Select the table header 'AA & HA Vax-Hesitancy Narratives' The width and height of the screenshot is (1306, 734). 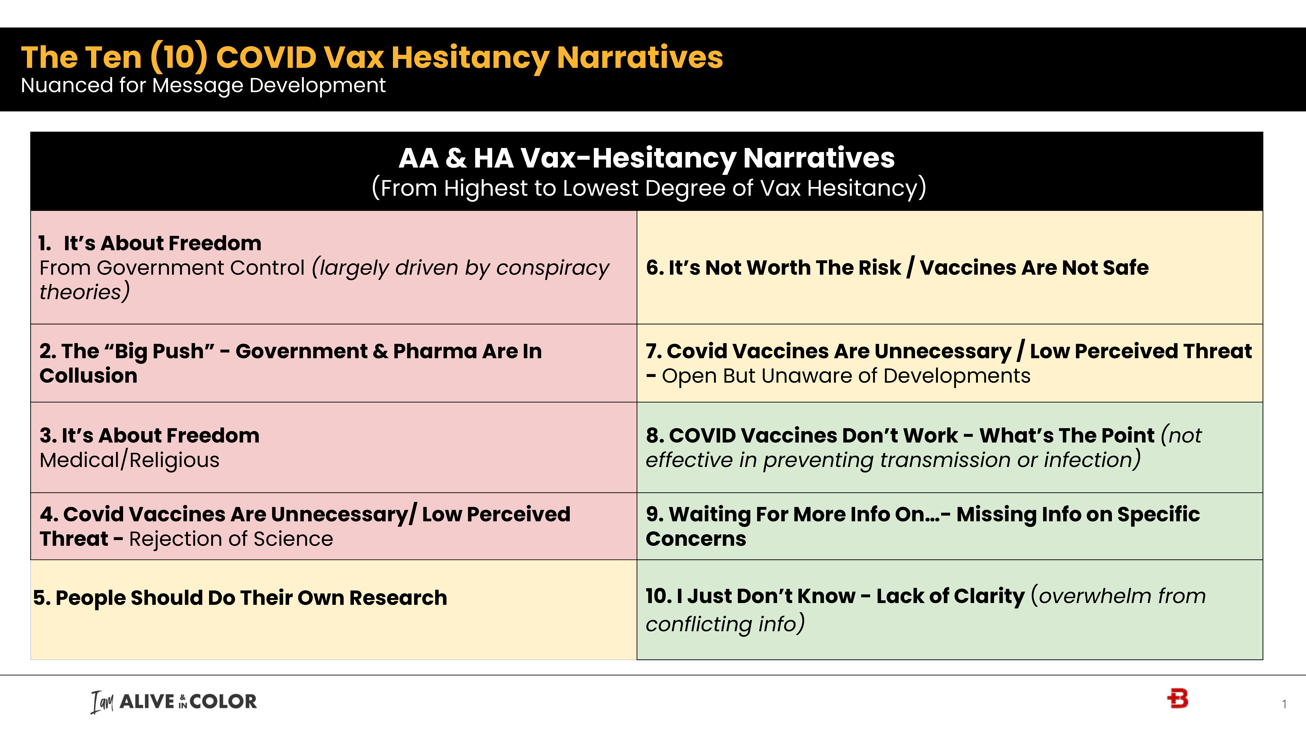(646, 158)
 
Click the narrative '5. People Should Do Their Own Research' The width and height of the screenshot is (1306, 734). (240, 598)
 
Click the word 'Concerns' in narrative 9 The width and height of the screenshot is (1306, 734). (696, 539)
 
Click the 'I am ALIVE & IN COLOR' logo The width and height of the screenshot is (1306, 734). (174, 702)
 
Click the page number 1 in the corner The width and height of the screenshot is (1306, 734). (1284, 704)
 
